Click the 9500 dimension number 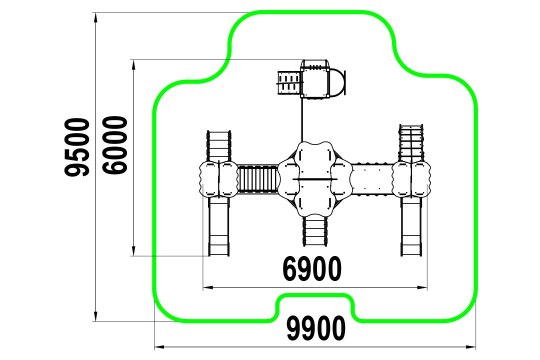click(77, 147)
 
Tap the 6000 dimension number click(115, 145)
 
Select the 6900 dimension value click(312, 268)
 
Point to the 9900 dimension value click(316, 328)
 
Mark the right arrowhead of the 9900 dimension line click(470, 347)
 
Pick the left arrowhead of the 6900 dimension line click(208, 287)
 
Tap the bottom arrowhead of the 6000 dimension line click(133, 251)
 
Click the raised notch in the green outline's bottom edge click(315, 295)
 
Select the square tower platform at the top click(315, 79)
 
